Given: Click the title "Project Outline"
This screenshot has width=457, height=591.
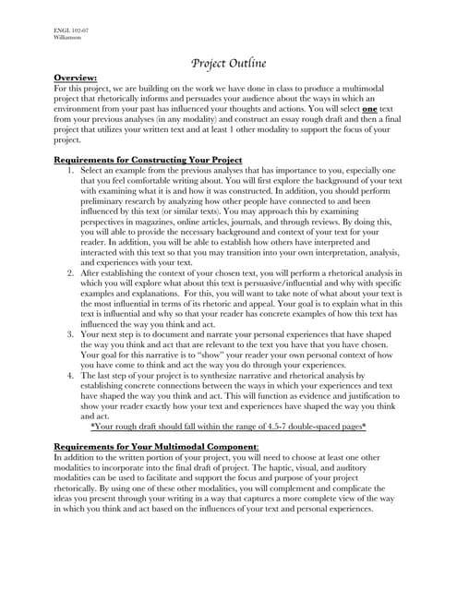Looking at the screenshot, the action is (x=228, y=63).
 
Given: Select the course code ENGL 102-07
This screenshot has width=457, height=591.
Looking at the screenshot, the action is (x=69, y=32).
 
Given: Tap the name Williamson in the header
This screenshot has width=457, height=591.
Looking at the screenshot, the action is (x=67, y=40).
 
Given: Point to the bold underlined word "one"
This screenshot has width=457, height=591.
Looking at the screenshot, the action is (x=377, y=109).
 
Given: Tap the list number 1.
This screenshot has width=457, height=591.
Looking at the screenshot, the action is (x=71, y=171).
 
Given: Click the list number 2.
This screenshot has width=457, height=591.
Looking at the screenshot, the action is (x=71, y=273).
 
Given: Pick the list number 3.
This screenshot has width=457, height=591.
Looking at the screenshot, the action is (x=71, y=335).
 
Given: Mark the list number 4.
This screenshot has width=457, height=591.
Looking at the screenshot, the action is (x=71, y=376).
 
